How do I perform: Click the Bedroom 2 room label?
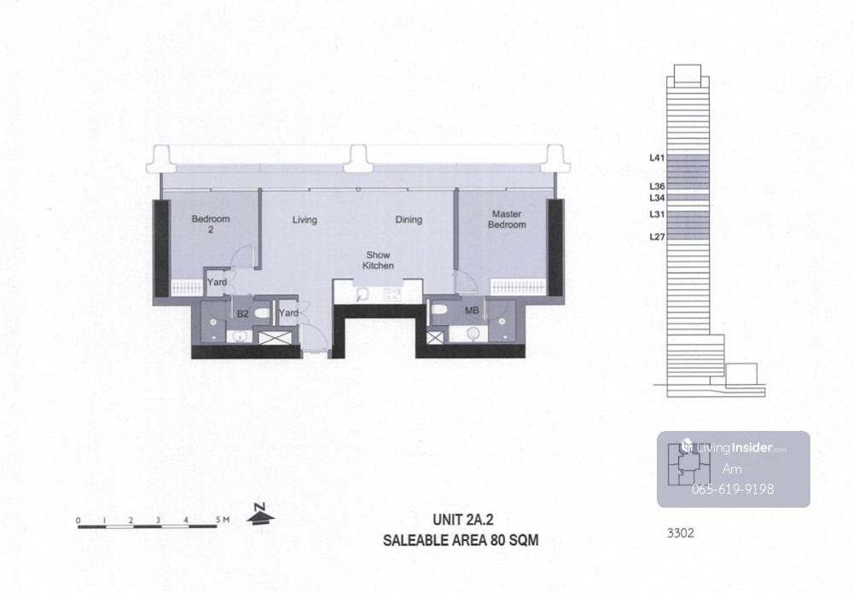[x=211, y=224]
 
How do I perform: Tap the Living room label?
[x=305, y=220]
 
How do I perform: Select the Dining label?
[x=409, y=219]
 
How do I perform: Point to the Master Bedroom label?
[x=507, y=219]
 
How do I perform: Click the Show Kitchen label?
[x=378, y=260]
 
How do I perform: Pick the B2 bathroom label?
[x=242, y=314]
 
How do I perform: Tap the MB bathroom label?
[x=472, y=311]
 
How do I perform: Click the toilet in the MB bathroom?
[x=438, y=310]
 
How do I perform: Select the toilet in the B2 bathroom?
[x=262, y=314]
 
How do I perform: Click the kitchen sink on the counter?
[x=363, y=294]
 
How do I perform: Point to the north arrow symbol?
[x=260, y=515]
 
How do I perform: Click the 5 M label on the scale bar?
[x=223, y=520]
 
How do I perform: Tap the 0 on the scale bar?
[x=78, y=520]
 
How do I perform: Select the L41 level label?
[x=657, y=159]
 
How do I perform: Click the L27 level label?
[x=657, y=236]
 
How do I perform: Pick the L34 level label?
[x=657, y=198]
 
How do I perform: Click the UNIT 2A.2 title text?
[x=463, y=520]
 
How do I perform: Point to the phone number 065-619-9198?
[x=733, y=489]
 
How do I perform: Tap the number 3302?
[x=681, y=533]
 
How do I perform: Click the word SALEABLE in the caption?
[x=416, y=540]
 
